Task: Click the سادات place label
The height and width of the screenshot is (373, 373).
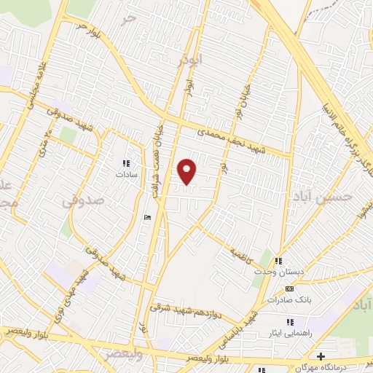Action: [125, 175]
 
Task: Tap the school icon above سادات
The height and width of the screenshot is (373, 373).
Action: [125, 163]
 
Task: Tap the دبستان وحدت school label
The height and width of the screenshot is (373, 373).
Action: [273, 271]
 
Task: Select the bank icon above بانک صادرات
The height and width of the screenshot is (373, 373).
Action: [290, 288]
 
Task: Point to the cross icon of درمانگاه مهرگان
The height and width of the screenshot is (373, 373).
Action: [321, 356]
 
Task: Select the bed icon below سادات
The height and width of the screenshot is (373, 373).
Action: [148, 217]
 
